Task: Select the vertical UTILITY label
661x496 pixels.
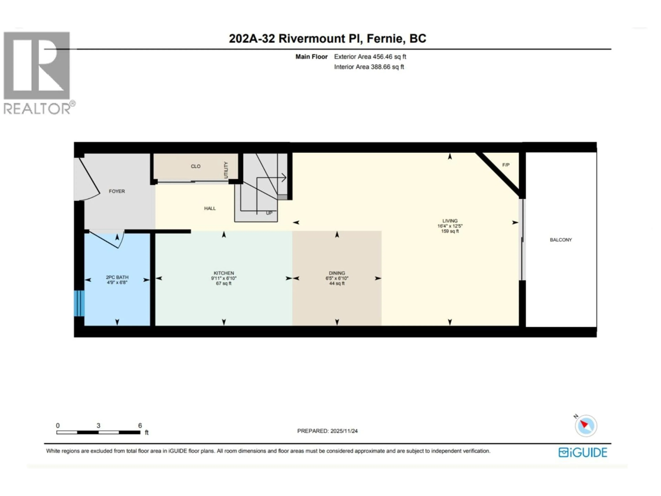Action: tap(226, 170)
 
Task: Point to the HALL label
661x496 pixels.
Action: tap(210, 208)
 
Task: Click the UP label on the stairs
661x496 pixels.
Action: tap(269, 213)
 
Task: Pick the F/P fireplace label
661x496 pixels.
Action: tap(506, 165)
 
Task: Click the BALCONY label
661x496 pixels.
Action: tap(561, 240)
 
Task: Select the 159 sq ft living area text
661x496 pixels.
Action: tap(450, 231)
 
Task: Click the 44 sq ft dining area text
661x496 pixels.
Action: tap(337, 283)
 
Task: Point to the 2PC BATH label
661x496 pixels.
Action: tap(117, 277)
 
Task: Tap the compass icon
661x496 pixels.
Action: tap(586, 426)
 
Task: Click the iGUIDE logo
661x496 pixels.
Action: tap(583, 452)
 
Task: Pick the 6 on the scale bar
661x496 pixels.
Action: tap(140, 425)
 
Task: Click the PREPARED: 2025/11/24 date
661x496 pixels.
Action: tap(327, 431)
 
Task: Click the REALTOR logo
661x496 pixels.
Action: tap(37, 73)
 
